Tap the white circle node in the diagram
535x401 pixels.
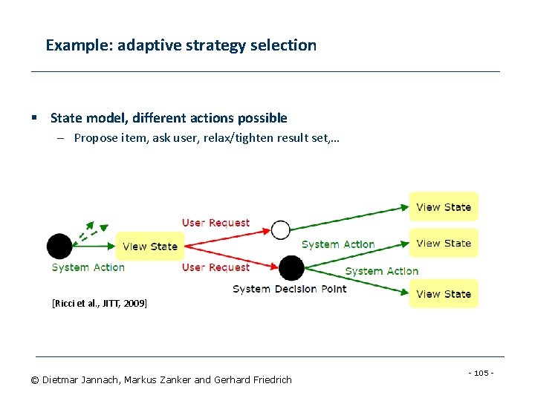280,230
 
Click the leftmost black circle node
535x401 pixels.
59,246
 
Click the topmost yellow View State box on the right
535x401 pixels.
444,207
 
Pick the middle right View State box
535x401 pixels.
444,243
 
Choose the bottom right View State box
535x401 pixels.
444,294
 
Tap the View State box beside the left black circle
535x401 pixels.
150,247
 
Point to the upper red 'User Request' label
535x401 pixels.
215,223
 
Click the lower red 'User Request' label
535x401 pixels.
215,267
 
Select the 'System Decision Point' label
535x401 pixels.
289,289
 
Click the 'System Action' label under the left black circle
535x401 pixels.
88,267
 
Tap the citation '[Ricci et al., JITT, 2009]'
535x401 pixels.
99,303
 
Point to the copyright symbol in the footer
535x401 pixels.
34,380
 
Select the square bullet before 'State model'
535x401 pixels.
34,118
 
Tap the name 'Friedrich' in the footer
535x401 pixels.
270,380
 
